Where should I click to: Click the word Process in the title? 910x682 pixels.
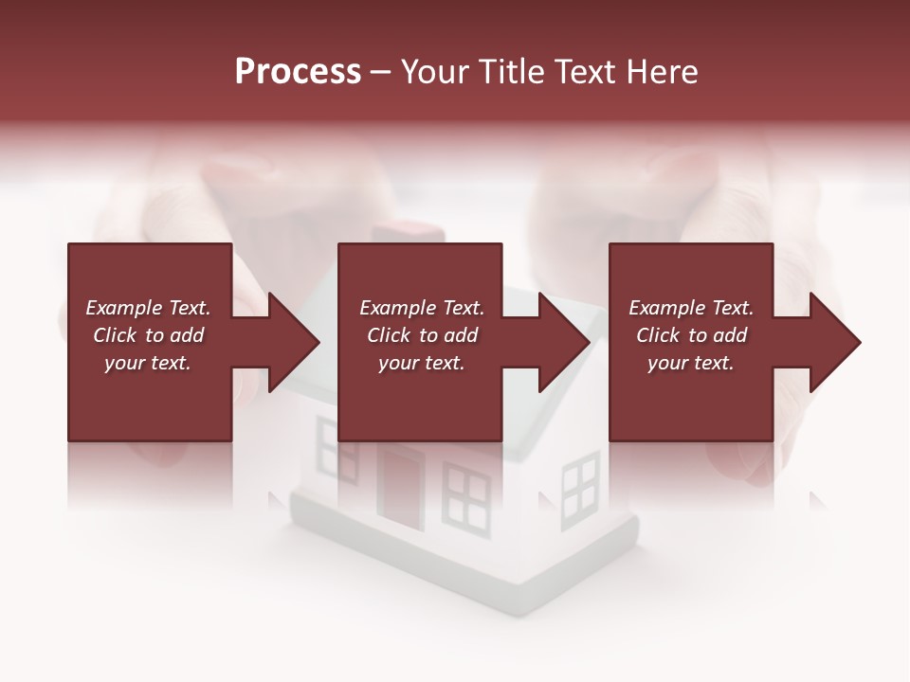tap(298, 72)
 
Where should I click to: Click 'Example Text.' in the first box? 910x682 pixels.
tap(148, 308)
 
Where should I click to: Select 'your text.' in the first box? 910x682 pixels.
tap(148, 363)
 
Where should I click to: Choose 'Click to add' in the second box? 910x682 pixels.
tap(422, 335)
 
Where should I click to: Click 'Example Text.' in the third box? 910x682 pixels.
tap(691, 308)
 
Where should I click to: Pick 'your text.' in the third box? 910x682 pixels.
tap(691, 363)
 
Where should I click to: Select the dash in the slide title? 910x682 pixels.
tap(380, 73)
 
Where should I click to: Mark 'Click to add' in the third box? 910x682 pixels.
tap(691, 335)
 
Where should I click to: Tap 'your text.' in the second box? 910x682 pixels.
tap(422, 363)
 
